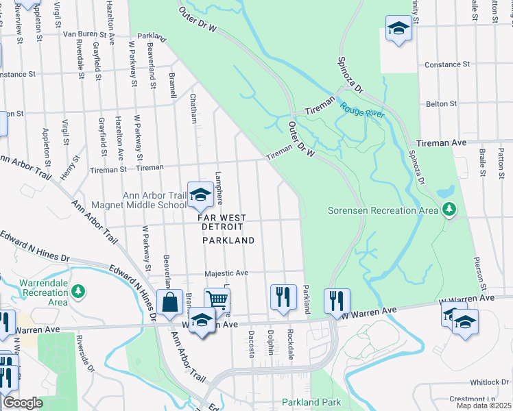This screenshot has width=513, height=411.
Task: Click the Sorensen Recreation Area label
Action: [x=383, y=210]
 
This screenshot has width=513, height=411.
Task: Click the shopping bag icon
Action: [x=169, y=301]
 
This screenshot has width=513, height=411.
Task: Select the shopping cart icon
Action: [x=217, y=299]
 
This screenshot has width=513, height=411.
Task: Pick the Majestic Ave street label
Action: [x=226, y=273]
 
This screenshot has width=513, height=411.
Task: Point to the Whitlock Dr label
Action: [x=487, y=383]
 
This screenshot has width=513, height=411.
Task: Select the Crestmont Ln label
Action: [x=486, y=399]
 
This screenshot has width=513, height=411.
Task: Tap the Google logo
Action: [x=23, y=403]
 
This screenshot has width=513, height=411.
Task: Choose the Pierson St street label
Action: [x=479, y=273]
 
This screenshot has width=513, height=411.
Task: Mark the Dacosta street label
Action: [x=252, y=345]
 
